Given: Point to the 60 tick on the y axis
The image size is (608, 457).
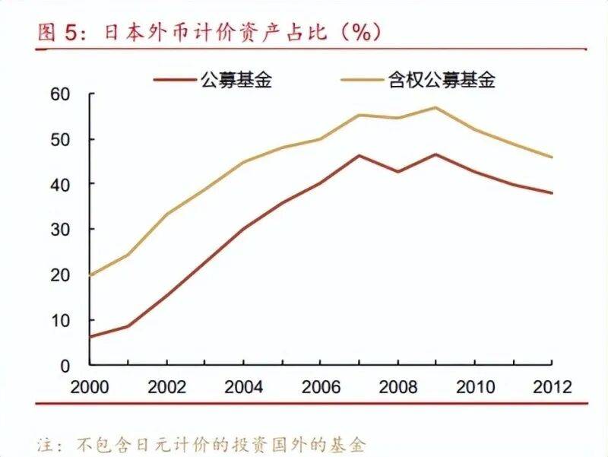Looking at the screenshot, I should coord(60,94).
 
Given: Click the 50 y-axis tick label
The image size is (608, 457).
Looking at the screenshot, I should coord(60,139).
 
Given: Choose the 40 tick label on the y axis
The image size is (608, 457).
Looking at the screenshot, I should coord(60,184).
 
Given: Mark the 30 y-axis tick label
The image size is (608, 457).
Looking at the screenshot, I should coord(60,229).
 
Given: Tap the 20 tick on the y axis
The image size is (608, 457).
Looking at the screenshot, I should coord(60,275).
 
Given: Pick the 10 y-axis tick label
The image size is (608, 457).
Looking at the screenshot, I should coord(60,320).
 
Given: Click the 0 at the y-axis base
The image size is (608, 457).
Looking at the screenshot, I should coord(65,365).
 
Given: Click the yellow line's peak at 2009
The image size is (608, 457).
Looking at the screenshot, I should coord(435,107).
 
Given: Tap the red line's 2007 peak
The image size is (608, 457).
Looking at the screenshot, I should coord(359,156).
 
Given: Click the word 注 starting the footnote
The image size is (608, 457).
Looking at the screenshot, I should coord(43,442).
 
